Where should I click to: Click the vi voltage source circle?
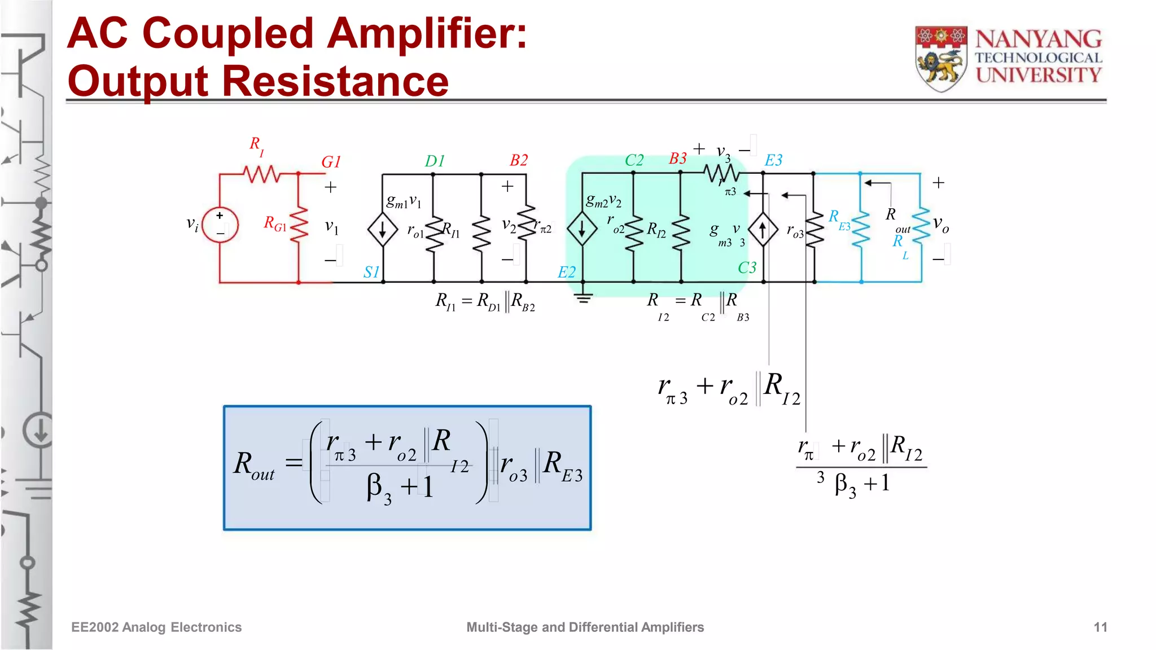[x=220, y=225]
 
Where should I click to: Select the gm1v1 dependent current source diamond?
[x=383, y=230]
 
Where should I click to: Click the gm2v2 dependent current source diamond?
[x=582, y=230]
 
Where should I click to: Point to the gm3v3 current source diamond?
[x=763, y=230]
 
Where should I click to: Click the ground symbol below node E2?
[x=583, y=297]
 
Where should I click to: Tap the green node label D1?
[x=435, y=161]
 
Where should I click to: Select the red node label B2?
[x=519, y=160]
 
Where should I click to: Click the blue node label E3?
[x=773, y=160]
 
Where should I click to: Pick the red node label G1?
[x=331, y=162]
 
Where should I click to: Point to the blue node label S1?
[x=371, y=273]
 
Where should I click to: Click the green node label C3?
[x=747, y=267]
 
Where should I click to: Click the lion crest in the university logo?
[x=941, y=59]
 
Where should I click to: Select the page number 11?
[x=1100, y=627]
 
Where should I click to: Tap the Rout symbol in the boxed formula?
[x=253, y=466]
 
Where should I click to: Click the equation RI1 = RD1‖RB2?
[x=485, y=302]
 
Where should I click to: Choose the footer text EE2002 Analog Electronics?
[x=156, y=627]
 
